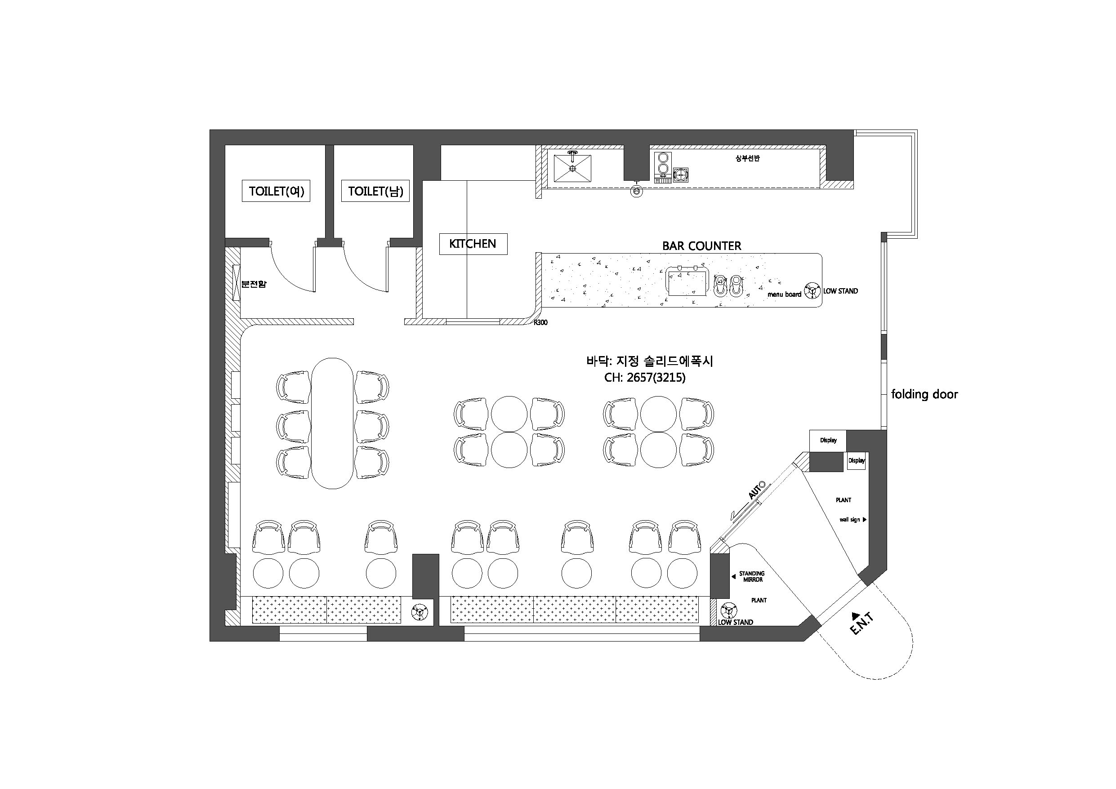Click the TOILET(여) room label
pyautogui.click(x=276, y=191)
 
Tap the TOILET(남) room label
pyautogui.click(x=375, y=191)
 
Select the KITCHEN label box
pyautogui.click(x=473, y=244)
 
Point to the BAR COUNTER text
pyautogui.click(x=702, y=246)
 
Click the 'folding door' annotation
pyautogui.click(x=924, y=394)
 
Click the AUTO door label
pyautogui.click(x=756, y=490)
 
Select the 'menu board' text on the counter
pyautogui.click(x=784, y=294)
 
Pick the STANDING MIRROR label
pyautogui.click(x=752, y=576)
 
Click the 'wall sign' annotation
pyautogui.click(x=850, y=520)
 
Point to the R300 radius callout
pyautogui.click(x=540, y=322)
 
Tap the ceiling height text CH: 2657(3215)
pyautogui.click(x=645, y=377)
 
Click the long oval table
pyautogui.click(x=332, y=423)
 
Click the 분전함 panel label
pyautogui.click(x=254, y=284)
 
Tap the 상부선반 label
pyautogui.click(x=748, y=159)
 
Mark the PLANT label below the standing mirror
pyautogui.click(x=759, y=600)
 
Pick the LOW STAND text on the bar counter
pyautogui.click(x=840, y=291)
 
